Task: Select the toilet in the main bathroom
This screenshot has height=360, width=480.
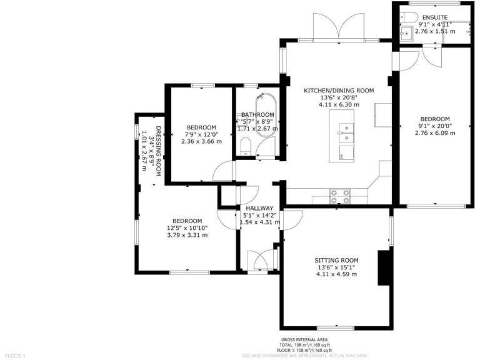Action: (x=246, y=147)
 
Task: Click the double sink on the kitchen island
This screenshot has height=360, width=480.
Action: (x=344, y=132)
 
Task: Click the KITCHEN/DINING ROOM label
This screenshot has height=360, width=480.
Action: (x=338, y=91)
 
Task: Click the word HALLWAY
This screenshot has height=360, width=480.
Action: (x=259, y=208)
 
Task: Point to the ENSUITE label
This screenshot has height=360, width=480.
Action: (x=434, y=17)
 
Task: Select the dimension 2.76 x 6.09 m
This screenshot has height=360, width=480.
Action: (x=434, y=134)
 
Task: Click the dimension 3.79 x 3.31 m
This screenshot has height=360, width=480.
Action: (x=187, y=235)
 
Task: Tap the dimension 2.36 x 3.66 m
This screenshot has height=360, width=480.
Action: (x=201, y=141)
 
